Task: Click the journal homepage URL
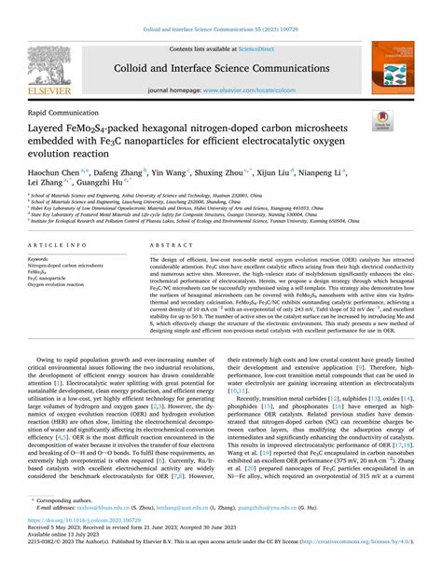tap(266, 90)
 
